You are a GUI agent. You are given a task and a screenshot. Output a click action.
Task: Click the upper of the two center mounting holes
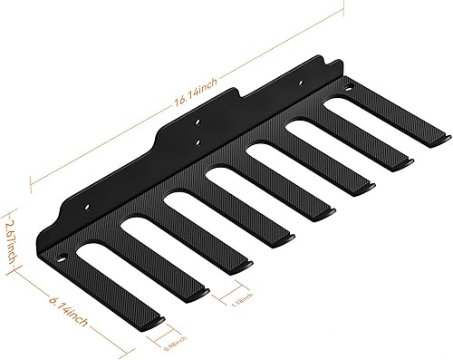coord(198,121)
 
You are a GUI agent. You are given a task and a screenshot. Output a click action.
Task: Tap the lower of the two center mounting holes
coord(198,141)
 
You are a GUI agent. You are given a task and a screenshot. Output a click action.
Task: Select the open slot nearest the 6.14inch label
coord(109,271)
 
